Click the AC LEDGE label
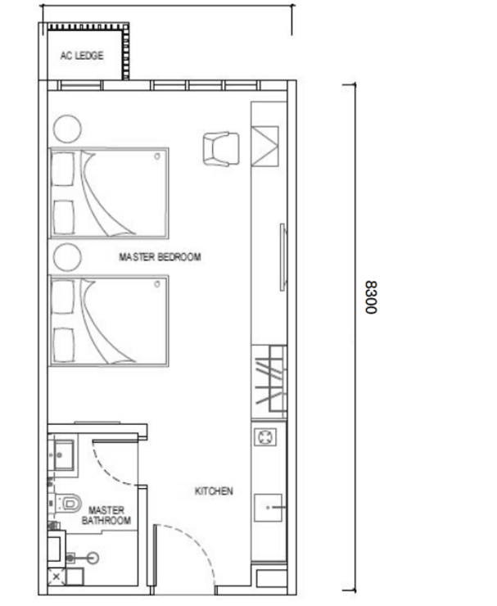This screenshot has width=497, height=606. pyautogui.click(x=82, y=56)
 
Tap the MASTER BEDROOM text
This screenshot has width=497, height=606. pyautogui.click(x=160, y=257)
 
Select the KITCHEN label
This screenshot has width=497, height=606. pyautogui.click(x=214, y=491)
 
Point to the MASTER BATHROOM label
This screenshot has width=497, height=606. pyautogui.click(x=106, y=516)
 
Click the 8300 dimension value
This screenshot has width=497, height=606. pyautogui.click(x=371, y=297)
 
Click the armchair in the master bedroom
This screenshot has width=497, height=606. pyautogui.click(x=221, y=149)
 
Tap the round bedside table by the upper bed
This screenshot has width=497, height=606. pyautogui.click(x=67, y=129)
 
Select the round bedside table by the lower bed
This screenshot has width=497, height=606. pyautogui.click(x=67, y=257)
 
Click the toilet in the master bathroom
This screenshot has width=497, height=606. pyautogui.click(x=70, y=503)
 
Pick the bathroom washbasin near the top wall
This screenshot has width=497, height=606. pyautogui.click(x=63, y=455)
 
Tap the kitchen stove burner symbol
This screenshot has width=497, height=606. pyautogui.click(x=265, y=437)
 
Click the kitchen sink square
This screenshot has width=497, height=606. pyautogui.click(x=268, y=508)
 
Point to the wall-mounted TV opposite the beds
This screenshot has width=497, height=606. pyautogui.click(x=283, y=257)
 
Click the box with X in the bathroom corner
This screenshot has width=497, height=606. pyautogui.click(x=56, y=577)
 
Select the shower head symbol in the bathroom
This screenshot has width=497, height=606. pyautogui.click(x=93, y=558)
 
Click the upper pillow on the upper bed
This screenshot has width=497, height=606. pyautogui.click(x=62, y=169)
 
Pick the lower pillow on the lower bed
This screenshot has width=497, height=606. pyautogui.click(x=63, y=345)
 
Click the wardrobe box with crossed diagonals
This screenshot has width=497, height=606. pyautogui.click(x=265, y=146)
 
